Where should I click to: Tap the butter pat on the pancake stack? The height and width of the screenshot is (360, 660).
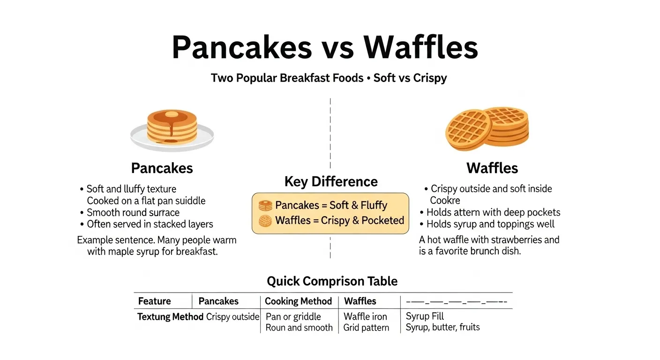[x=172, y=114]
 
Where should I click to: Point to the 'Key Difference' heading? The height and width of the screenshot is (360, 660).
[x=330, y=182]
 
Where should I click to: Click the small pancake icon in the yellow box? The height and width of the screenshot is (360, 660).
[x=265, y=205]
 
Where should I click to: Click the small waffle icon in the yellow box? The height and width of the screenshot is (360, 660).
[x=265, y=220]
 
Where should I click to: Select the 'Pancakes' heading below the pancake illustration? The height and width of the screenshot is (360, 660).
[x=162, y=168]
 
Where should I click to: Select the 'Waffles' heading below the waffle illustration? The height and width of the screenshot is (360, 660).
[x=492, y=168]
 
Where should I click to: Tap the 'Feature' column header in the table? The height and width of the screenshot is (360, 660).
[x=154, y=301]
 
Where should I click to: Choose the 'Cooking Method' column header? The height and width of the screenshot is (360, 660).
[x=298, y=301]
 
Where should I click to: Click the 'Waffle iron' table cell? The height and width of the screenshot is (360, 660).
[x=365, y=317]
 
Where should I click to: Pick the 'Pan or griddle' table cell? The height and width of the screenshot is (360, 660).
[x=293, y=317]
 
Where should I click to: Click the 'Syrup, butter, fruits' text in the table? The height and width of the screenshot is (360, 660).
[x=442, y=327]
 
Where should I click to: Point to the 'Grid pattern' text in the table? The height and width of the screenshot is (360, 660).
[x=366, y=328]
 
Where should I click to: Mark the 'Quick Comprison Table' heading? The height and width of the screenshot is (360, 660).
[x=332, y=281]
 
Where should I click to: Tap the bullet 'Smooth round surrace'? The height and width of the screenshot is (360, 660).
[x=133, y=213]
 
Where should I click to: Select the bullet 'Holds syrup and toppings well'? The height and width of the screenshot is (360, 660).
[x=490, y=224]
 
